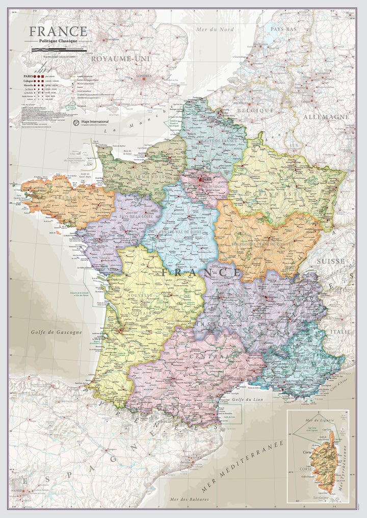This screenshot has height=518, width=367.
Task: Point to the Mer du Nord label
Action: [x=215, y=30]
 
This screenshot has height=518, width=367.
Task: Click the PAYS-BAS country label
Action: [x=283, y=30]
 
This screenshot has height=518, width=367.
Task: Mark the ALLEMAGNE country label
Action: [x=326, y=117]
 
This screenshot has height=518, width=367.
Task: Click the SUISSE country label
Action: [x=330, y=261]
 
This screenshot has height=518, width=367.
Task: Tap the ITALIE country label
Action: [x=340, y=331]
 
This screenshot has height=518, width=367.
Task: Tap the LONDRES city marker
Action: [x=144, y=78]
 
